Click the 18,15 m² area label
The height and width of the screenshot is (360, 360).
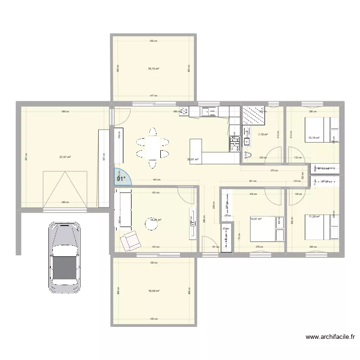point(154,69)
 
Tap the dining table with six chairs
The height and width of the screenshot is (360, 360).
point(152,147)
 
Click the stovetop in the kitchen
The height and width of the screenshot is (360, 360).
point(235,143)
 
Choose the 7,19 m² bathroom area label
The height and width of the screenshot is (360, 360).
point(263,135)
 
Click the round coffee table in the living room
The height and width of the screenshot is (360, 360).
point(154,222)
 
